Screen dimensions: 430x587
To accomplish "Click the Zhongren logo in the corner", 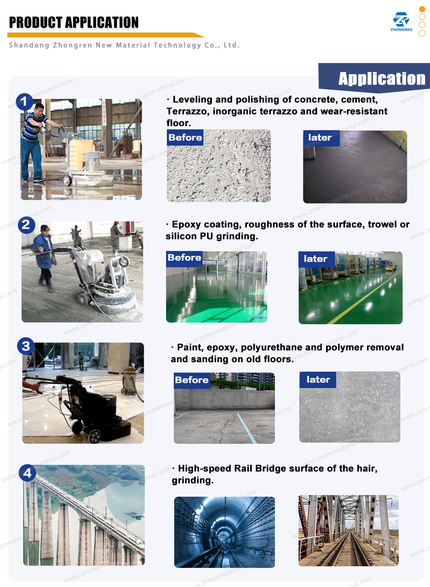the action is [401, 22].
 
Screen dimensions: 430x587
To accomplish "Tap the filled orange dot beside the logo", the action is [422, 9].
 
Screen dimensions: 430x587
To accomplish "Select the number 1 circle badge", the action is [24, 102].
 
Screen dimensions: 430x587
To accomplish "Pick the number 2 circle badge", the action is [26, 225].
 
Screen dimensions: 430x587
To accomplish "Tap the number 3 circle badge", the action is [26, 346].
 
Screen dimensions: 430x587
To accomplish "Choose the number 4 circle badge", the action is [27, 473].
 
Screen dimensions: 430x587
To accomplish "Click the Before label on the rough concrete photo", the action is [185, 137].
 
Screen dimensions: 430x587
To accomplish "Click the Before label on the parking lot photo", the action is [192, 380].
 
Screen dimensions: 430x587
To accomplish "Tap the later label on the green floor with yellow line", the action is [317, 259].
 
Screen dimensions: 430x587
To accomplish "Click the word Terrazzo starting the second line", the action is [188, 111].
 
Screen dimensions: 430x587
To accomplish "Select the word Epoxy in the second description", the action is [186, 225].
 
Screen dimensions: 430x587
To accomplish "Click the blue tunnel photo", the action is [225, 532].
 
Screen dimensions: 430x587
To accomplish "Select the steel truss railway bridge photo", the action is [348, 530].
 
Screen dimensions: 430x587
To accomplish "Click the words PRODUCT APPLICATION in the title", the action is [74, 22].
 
